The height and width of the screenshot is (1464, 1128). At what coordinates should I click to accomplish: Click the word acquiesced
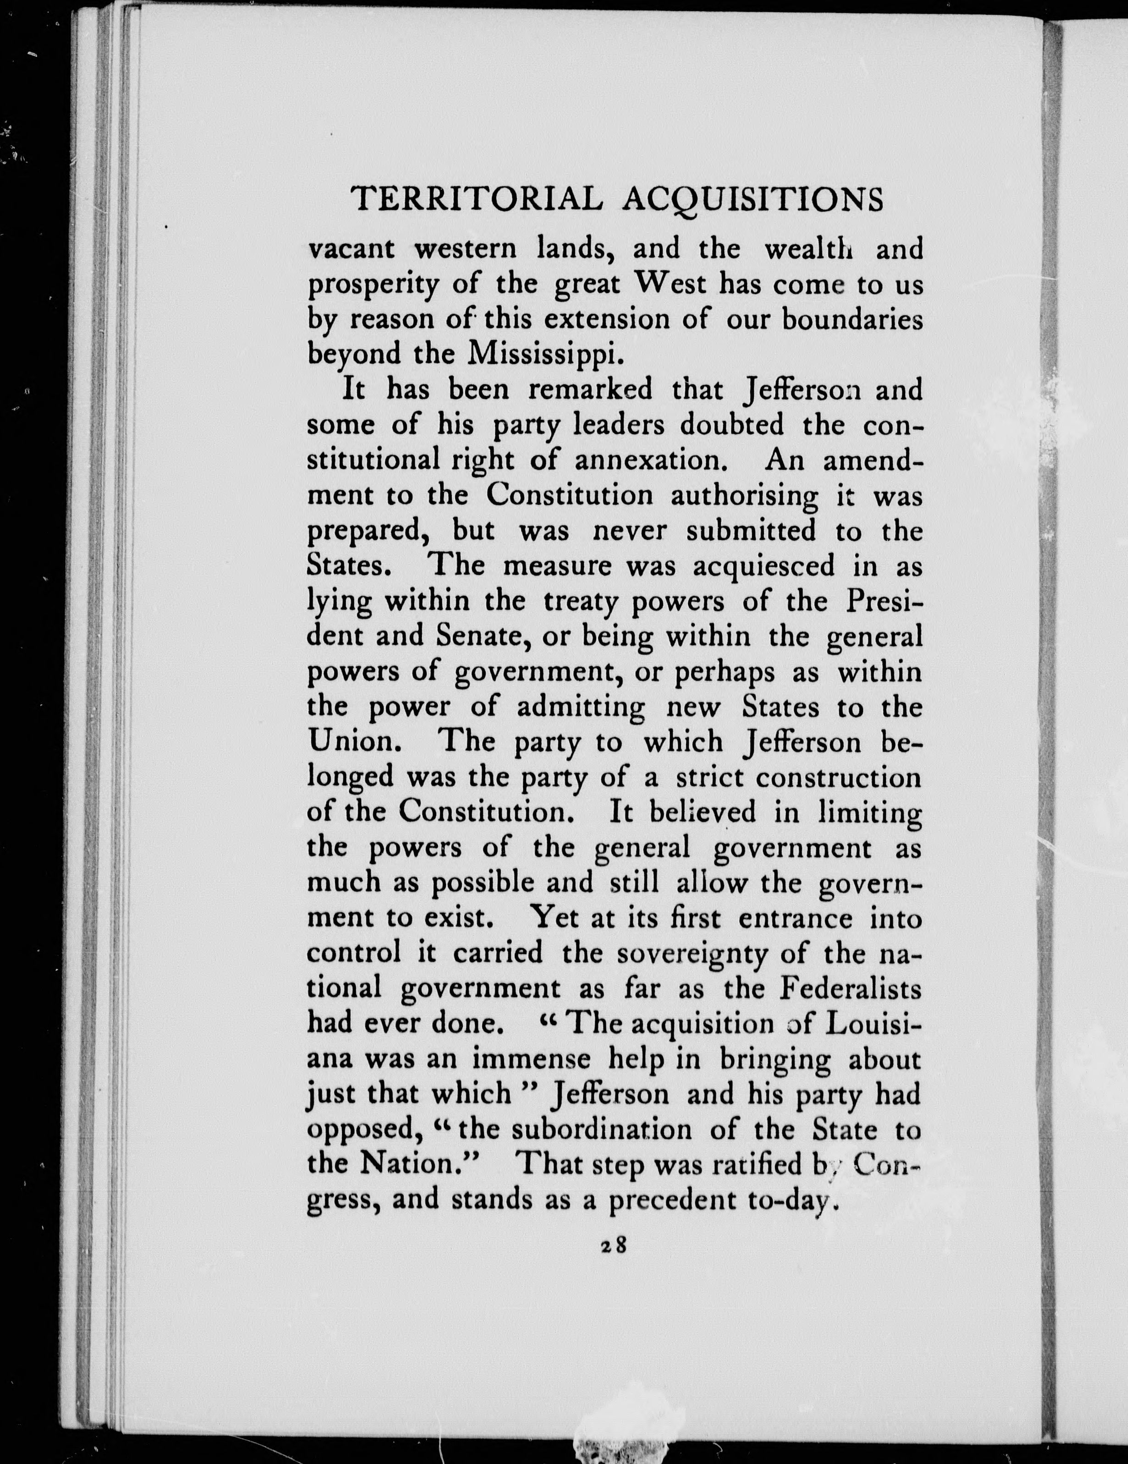(763, 566)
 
